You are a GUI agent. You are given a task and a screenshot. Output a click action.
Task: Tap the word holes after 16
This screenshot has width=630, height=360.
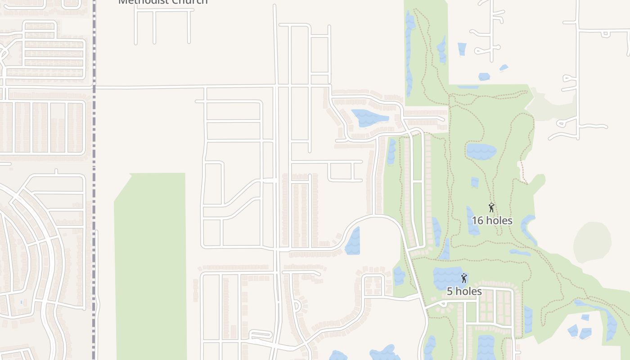point(499,220)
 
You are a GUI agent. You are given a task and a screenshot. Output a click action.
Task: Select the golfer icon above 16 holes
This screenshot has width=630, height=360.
point(491,207)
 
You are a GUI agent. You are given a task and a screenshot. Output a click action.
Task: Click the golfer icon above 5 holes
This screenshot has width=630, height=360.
point(464,278)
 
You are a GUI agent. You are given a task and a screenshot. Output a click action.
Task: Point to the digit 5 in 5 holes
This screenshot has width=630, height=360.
point(450,292)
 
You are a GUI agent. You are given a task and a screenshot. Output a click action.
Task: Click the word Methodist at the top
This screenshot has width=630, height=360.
point(144,1)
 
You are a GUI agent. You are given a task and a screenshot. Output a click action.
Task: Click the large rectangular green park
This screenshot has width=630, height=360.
point(150,265)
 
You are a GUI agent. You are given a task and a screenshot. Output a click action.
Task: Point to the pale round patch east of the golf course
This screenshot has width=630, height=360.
point(592,242)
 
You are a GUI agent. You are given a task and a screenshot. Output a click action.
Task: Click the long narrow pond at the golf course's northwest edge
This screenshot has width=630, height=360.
point(409,54)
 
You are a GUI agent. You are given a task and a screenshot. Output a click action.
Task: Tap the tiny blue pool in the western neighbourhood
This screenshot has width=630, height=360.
point(22,301)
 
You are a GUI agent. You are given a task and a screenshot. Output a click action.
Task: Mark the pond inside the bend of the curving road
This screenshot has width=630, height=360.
point(353,242)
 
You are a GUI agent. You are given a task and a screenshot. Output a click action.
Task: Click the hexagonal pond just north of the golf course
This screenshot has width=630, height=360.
point(484,76)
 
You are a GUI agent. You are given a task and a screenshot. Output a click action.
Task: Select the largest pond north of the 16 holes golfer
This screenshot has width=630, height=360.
point(481,151)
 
